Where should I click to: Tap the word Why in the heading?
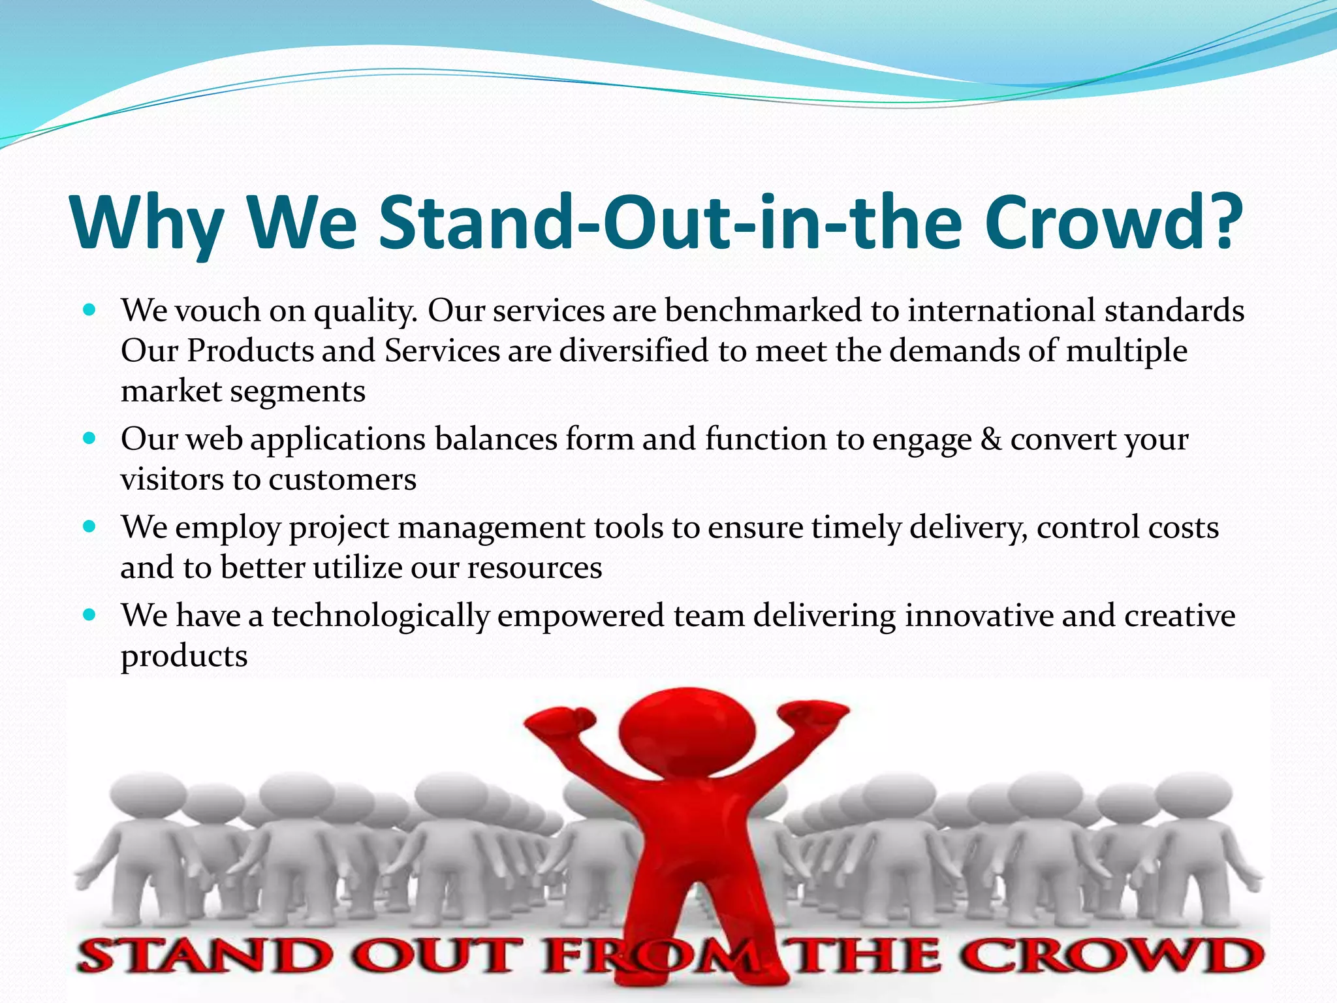(147, 223)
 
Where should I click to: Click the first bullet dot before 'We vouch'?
(90, 308)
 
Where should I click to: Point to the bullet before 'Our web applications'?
(90, 438)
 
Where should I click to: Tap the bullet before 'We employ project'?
(90, 526)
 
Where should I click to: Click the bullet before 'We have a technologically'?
(90, 614)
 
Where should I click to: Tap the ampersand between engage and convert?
(991, 439)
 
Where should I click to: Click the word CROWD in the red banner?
(1110, 956)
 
